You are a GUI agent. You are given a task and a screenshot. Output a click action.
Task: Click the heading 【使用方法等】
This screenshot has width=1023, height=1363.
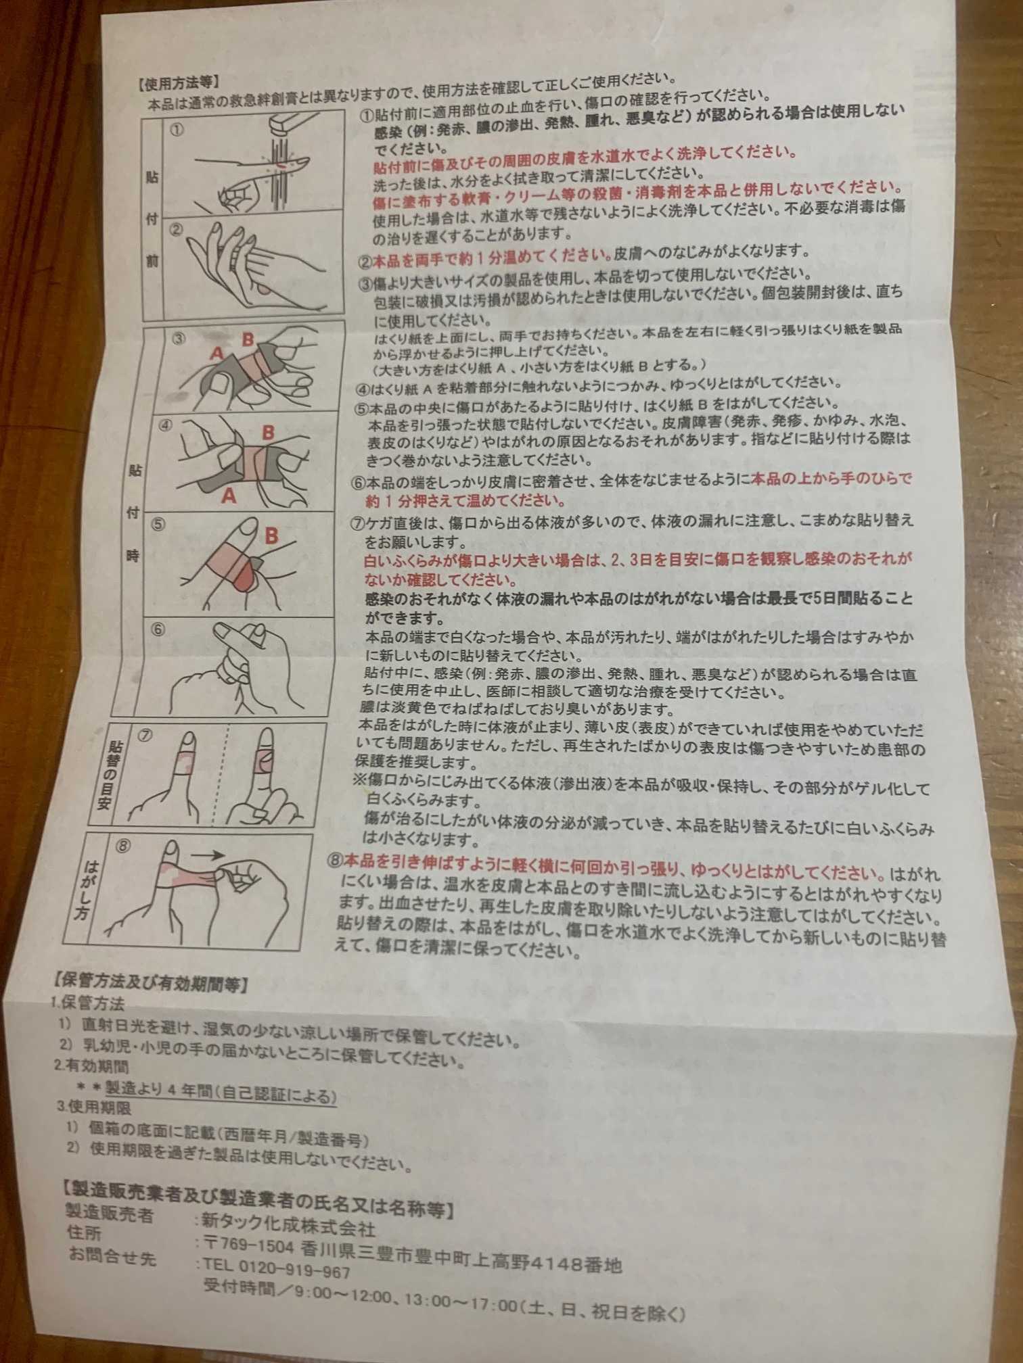(x=178, y=83)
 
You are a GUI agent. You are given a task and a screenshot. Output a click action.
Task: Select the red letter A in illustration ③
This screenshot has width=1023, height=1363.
(x=217, y=354)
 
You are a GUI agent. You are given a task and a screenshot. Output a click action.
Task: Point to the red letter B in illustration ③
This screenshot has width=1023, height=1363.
(x=248, y=338)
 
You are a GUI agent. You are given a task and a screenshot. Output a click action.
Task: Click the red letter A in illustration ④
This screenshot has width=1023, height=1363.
(x=230, y=496)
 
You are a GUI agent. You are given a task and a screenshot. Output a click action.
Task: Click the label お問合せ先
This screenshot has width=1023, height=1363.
(x=112, y=1256)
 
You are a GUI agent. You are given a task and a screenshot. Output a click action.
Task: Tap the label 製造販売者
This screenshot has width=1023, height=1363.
(x=99, y=1214)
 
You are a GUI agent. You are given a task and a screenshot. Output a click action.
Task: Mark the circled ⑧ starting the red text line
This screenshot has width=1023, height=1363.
(x=335, y=859)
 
